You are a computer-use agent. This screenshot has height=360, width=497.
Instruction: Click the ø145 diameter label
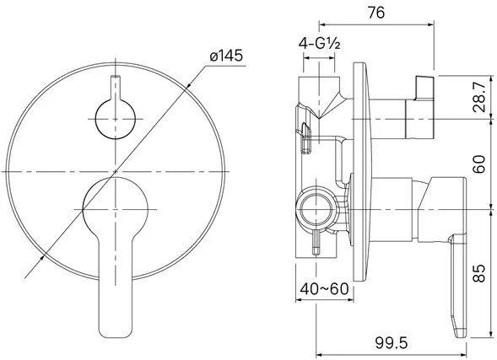[226, 56]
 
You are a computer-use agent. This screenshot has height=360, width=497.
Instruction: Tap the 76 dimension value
[376, 13]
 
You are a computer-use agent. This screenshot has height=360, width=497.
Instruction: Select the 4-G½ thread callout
[319, 44]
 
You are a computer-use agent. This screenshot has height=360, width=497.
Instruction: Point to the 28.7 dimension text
[479, 97]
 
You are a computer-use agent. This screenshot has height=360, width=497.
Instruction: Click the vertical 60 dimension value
[479, 164]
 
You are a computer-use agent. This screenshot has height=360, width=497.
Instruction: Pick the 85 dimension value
[479, 273]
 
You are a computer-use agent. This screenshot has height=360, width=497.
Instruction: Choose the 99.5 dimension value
[392, 342]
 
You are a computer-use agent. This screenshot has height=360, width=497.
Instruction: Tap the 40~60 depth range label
[324, 289]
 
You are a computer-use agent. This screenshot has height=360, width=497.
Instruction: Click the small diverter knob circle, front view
[116, 119]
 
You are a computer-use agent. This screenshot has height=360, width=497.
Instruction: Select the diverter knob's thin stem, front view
[116, 88]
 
